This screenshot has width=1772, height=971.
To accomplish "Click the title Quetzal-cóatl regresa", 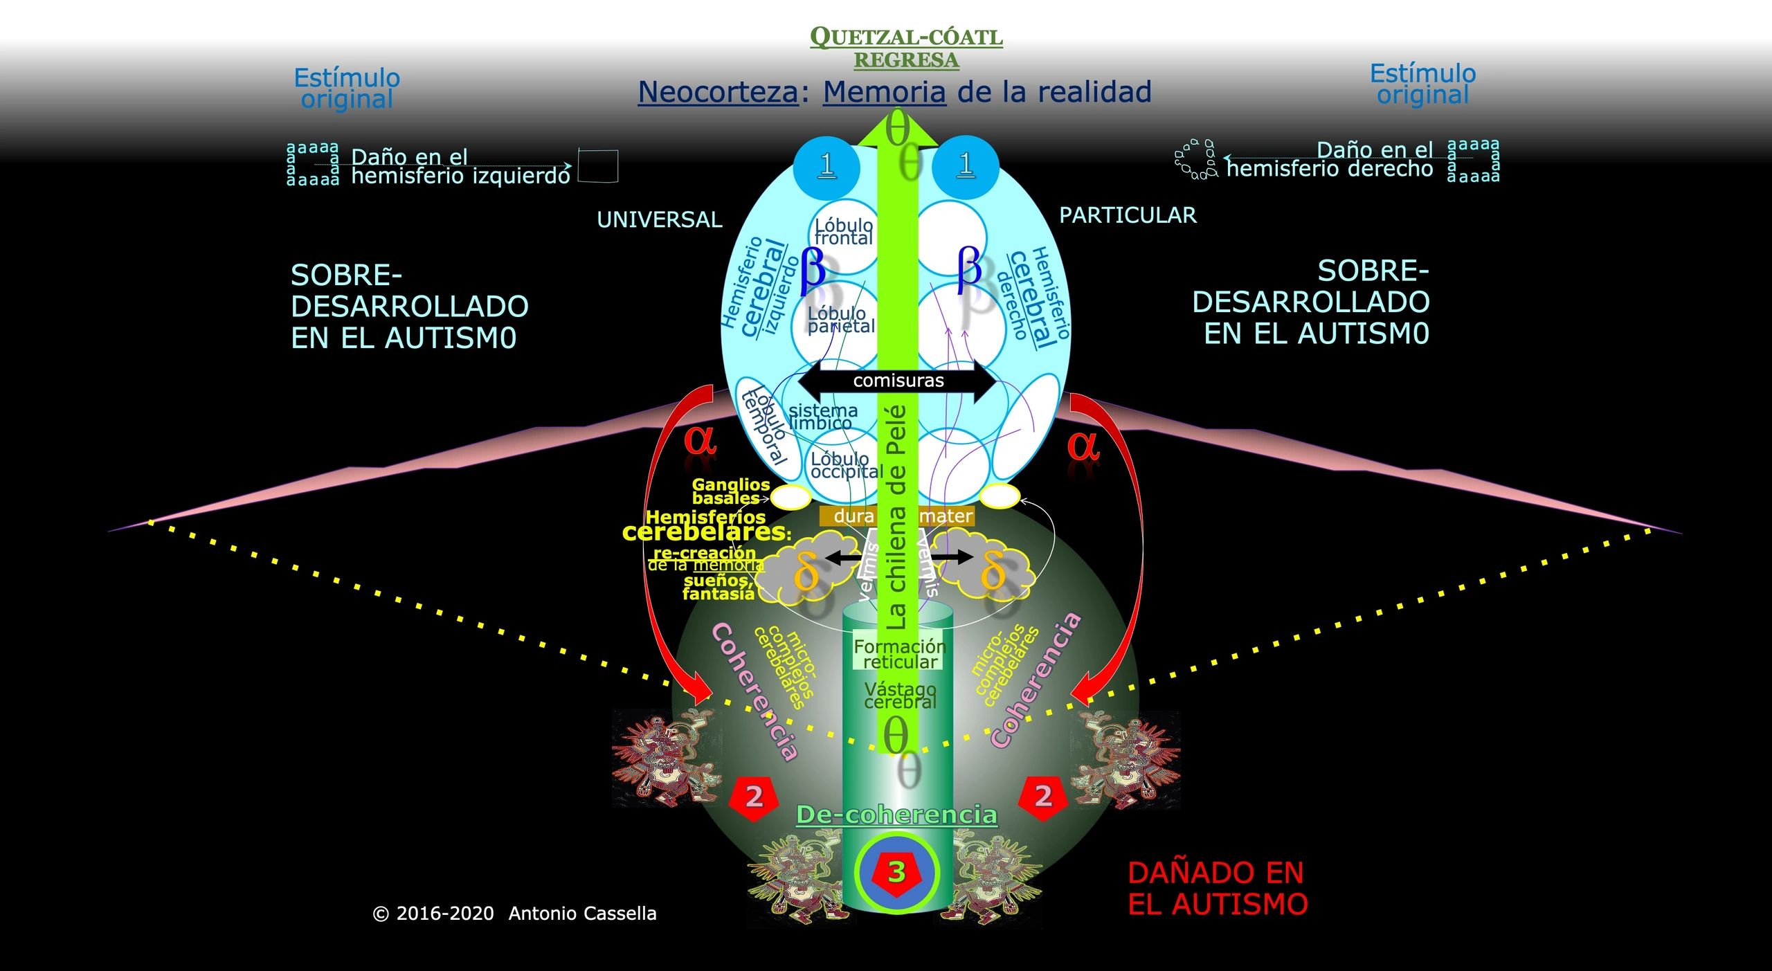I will tap(906, 48).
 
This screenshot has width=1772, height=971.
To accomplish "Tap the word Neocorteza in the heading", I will tap(718, 92).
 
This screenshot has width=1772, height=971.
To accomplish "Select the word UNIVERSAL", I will tap(659, 219).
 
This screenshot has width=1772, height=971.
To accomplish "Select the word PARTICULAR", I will tap(1128, 215).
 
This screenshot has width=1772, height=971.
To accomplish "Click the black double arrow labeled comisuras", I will tap(898, 381).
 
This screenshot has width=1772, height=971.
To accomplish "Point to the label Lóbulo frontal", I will tap(843, 232).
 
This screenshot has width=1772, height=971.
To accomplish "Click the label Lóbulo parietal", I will tap(840, 320).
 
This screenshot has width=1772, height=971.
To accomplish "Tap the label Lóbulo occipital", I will tap(847, 466).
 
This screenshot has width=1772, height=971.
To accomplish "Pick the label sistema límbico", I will tap(822, 417).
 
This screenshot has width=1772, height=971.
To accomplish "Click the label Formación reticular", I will tap(899, 654).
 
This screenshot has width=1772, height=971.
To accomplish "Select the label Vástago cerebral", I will tap(900, 696).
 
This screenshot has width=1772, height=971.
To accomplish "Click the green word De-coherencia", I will tap(896, 815).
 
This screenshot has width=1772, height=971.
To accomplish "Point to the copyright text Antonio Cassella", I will tap(582, 914).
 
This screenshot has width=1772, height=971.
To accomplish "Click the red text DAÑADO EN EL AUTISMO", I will tap(1217, 888).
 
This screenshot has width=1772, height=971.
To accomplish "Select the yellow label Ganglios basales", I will tap(730, 491).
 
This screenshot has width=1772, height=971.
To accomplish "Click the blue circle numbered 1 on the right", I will tap(966, 166).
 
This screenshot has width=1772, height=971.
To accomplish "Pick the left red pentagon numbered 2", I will tap(754, 797).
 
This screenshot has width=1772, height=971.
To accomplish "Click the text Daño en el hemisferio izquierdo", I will tap(460, 167).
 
